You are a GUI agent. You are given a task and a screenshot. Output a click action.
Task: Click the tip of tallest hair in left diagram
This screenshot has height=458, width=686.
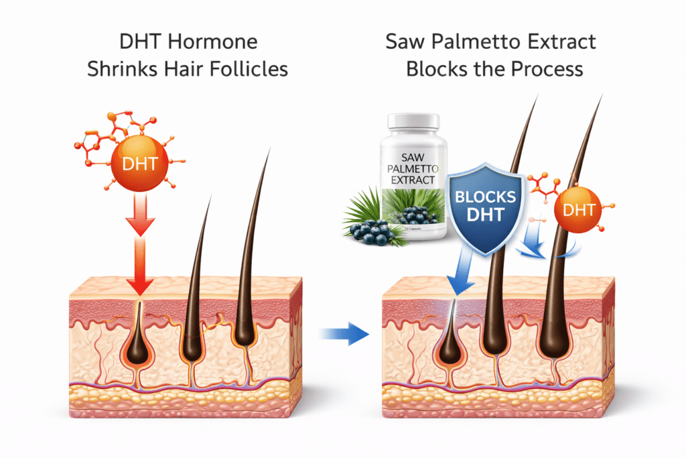269,150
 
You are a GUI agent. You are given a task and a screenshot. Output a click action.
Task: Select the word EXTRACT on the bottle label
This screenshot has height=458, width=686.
413,180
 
